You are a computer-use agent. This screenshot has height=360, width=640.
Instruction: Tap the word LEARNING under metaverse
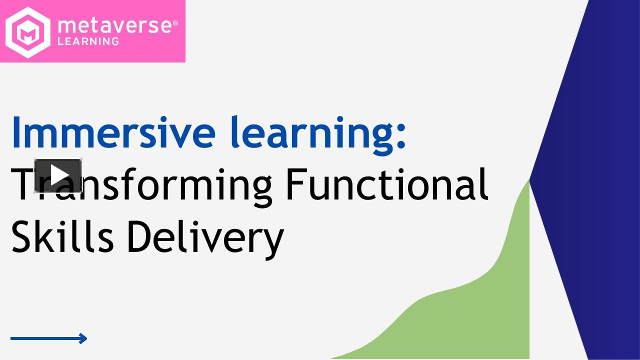[88, 41]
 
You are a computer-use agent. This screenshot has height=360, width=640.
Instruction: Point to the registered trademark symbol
[175, 23]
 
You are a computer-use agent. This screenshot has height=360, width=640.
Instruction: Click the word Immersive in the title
[113, 131]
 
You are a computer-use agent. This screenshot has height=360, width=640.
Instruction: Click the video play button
[58, 175]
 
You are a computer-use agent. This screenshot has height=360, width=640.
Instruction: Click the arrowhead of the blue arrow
[83, 338]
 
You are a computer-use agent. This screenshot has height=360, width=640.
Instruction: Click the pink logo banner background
[150, 52]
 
